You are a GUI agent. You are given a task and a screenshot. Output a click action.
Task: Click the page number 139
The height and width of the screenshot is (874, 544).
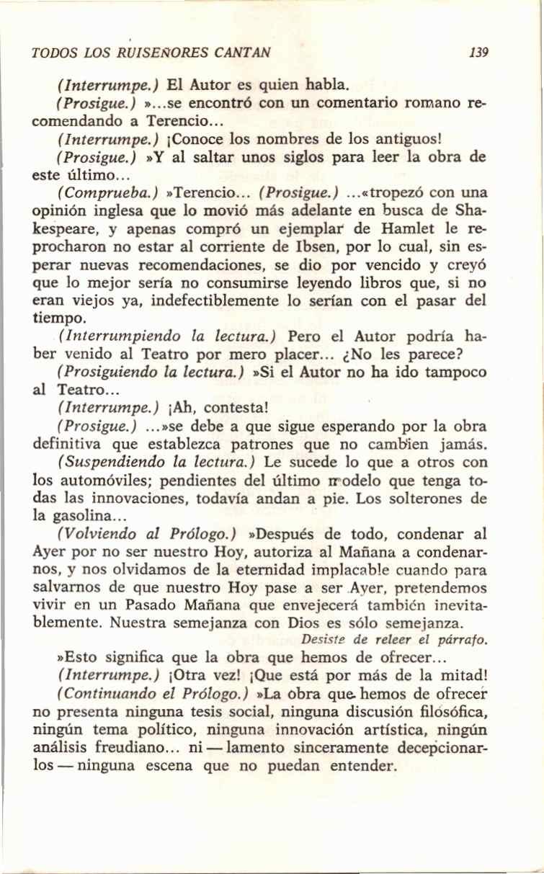[478, 52]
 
